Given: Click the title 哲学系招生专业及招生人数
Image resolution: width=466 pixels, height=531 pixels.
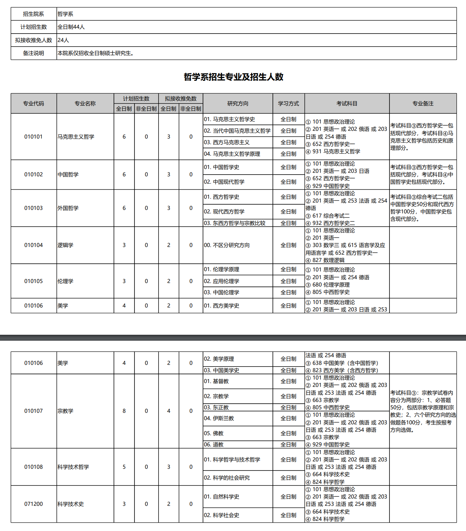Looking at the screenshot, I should (x=233, y=77).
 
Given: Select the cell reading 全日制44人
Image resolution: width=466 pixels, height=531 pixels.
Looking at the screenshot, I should (x=71, y=27).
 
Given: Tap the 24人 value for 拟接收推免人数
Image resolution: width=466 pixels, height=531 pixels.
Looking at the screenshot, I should (x=63, y=40).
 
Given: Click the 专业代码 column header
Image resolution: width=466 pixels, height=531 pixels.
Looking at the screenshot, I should (x=34, y=104).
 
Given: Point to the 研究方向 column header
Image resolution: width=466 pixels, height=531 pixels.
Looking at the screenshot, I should (x=238, y=104).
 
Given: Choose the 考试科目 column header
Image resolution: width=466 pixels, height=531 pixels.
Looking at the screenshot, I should (x=347, y=104).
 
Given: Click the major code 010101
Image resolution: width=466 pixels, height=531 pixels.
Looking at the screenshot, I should (x=34, y=137).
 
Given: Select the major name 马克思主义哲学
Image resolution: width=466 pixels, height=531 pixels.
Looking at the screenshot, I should (x=76, y=137).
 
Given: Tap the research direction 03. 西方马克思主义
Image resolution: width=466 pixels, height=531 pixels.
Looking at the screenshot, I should (x=227, y=142).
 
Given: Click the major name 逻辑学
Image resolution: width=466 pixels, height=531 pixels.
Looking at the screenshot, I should (x=66, y=245).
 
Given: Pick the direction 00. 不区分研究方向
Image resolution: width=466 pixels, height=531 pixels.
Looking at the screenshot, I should (x=227, y=245).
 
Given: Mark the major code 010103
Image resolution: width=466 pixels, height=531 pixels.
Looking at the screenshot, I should (x=34, y=208).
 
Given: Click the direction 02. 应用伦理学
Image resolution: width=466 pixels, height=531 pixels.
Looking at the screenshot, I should (x=221, y=281).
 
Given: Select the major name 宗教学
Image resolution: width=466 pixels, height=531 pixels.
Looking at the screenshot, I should (x=66, y=411).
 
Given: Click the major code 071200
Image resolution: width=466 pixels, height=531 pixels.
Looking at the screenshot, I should (x=34, y=504).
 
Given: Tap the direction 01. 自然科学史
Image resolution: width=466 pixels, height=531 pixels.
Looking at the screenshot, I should (x=221, y=497).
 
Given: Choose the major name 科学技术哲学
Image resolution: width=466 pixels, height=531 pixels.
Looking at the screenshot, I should (x=73, y=467).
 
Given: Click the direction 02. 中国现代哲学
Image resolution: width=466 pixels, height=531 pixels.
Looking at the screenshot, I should (x=224, y=182).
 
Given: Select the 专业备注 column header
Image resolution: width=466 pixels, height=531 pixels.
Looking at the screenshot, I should (x=423, y=104).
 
